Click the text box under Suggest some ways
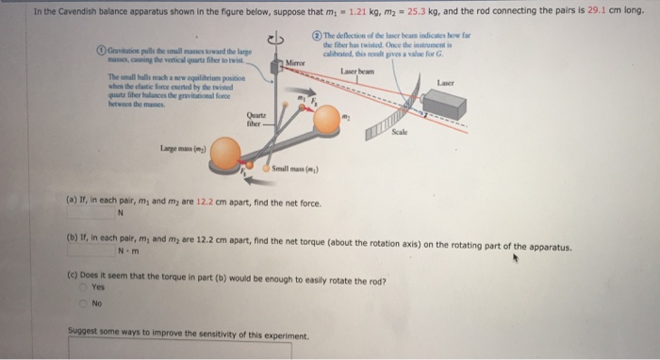179,351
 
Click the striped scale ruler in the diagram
381,118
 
